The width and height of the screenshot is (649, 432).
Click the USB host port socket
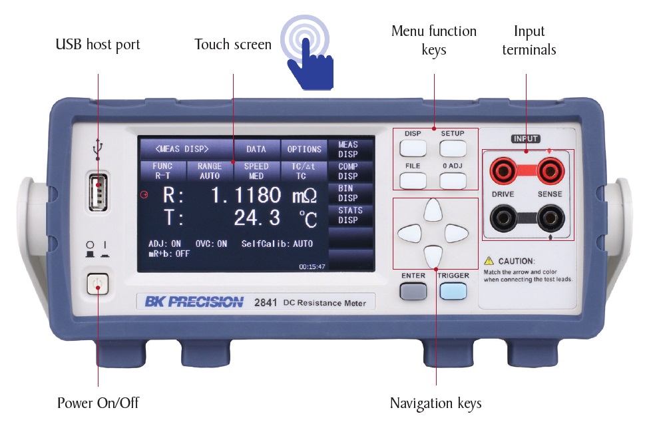[98, 192]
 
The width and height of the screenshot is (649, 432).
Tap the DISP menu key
[413, 148]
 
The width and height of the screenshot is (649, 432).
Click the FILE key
[413, 180]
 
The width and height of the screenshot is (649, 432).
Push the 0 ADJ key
[453, 180]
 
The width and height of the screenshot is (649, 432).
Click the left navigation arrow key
[409, 234]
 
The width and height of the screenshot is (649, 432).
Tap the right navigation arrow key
[456, 234]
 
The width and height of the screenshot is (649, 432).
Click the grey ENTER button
[413, 291]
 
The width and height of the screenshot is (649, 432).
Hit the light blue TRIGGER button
[453, 291]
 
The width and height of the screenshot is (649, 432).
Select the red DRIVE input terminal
[503, 170]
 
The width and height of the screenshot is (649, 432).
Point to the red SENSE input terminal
[551, 170]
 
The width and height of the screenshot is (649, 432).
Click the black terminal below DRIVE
[503, 218]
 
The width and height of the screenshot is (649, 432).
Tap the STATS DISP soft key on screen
[351, 215]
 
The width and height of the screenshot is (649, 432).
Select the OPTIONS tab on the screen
[304, 149]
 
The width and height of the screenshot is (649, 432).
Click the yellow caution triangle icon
[489, 261]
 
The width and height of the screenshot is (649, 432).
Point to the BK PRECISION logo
[194, 302]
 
